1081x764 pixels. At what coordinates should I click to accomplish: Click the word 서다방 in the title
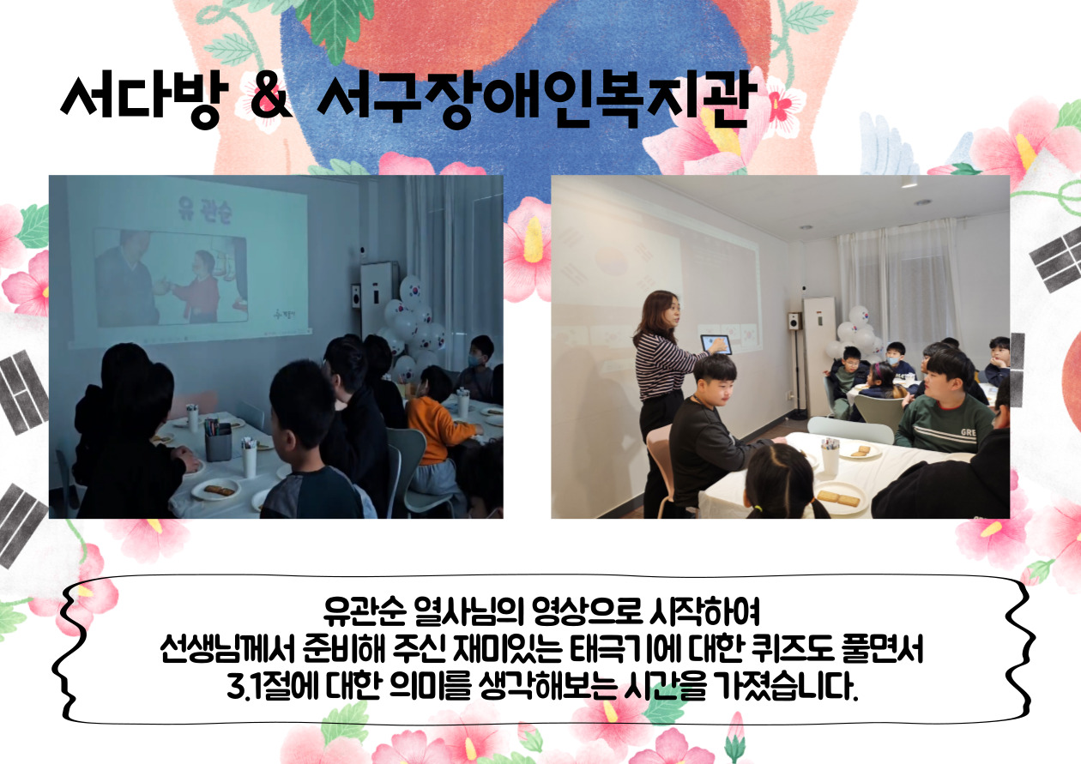pos(145,99)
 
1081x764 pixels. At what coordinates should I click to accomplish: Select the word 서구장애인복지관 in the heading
pos(534,99)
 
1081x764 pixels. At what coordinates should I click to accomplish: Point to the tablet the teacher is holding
pos(716,345)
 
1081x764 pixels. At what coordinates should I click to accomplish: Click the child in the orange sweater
pos(437,424)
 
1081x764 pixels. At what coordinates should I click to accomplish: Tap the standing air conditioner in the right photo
pos(819,357)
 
